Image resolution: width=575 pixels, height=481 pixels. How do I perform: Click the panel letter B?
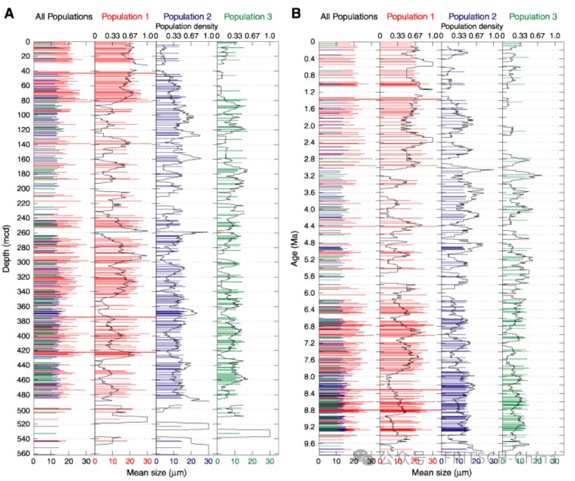pos(296,13)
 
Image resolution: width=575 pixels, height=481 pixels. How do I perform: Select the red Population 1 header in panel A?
pos(125,14)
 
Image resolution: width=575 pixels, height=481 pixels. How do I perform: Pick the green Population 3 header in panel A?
pos(247,14)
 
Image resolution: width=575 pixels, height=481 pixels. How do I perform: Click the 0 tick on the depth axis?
pos(27,42)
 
